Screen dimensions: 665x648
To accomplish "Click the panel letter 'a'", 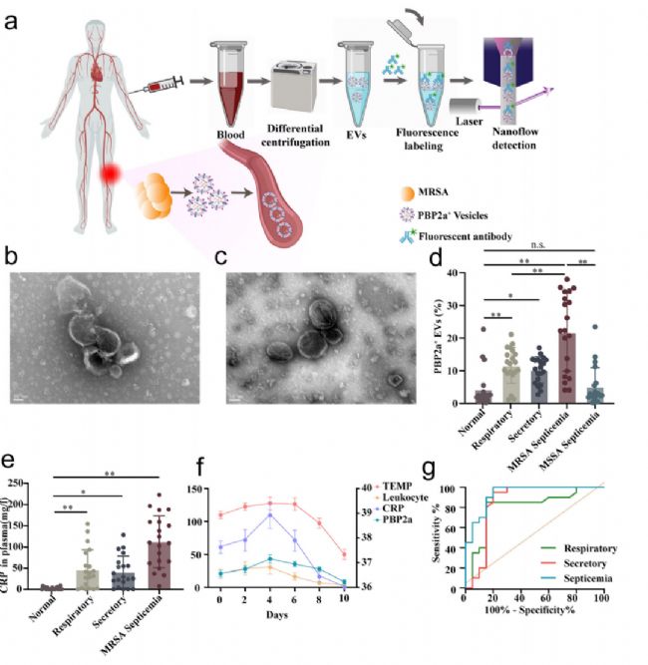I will click(11, 19).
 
